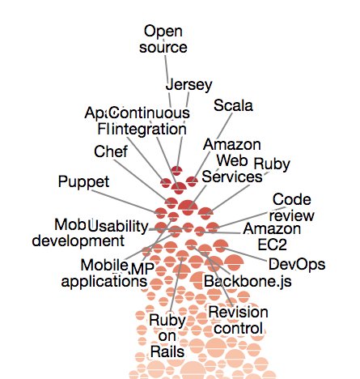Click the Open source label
165,39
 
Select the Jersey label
188,84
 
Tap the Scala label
233,105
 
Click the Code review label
292,207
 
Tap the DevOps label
296,264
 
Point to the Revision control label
237,320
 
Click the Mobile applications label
113,273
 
